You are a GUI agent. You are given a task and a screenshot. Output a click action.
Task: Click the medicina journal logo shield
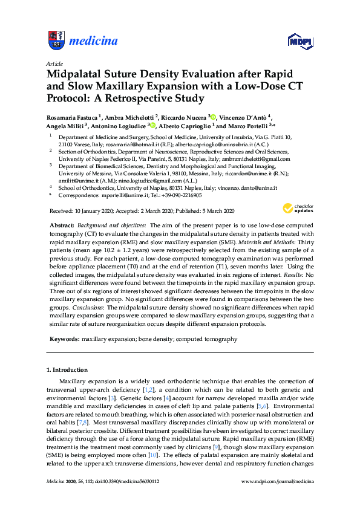(x=56, y=41)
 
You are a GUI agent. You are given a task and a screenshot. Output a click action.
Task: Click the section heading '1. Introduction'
(x=67, y=369)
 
